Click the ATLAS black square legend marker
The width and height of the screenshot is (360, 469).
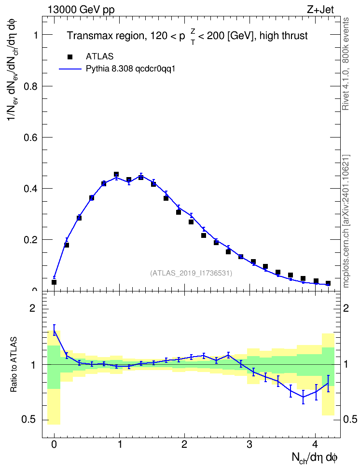[x=70, y=56]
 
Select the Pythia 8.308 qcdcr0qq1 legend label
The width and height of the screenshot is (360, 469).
[x=130, y=69]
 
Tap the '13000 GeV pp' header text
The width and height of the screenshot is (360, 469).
[x=81, y=10]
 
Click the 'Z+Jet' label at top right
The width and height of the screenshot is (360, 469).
[x=320, y=10]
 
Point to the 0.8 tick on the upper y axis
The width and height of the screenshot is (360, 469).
[x=31, y=86]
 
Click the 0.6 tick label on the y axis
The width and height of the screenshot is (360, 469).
[x=31, y=138]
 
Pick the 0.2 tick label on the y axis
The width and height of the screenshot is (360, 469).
[x=31, y=240]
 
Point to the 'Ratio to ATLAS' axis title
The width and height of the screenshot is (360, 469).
[x=14, y=365]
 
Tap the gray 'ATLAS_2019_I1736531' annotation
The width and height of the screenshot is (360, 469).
[x=191, y=273]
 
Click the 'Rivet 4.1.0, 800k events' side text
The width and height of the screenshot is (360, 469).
[x=346, y=64]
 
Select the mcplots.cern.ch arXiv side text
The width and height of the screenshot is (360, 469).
[x=346, y=221]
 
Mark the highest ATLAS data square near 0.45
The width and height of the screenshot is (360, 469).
[x=116, y=174]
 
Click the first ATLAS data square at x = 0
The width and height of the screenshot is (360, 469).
[x=54, y=282]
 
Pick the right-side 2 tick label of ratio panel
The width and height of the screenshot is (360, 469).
[x=346, y=308]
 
